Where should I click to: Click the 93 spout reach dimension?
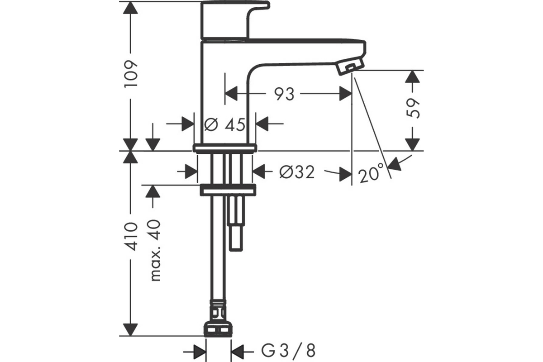(x=284, y=94)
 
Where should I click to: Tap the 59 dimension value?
(x=413, y=109)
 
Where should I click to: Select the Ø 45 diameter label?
(x=225, y=124)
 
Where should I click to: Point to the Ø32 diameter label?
(x=297, y=171)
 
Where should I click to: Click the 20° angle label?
(x=371, y=175)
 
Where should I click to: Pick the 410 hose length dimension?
(x=131, y=236)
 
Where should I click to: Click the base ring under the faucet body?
(x=225, y=148)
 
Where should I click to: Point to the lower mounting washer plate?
(x=227, y=190)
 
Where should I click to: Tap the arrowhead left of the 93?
(x=231, y=94)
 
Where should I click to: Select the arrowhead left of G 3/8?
(x=200, y=350)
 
